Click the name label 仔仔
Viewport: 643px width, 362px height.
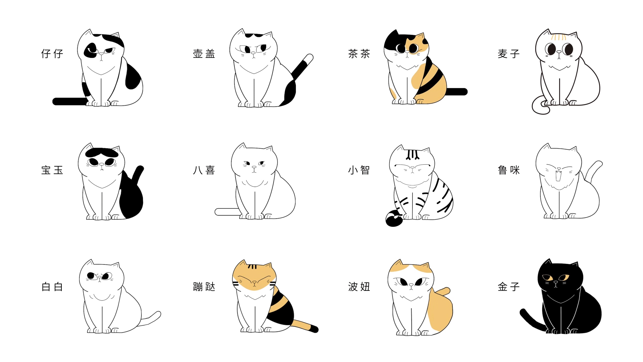point(52,54)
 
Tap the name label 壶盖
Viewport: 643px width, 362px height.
point(204,54)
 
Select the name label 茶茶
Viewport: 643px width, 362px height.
point(359,54)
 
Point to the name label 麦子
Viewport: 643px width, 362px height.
point(509,54)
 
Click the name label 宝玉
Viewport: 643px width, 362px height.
point(52,170)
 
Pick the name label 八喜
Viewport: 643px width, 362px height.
point(204,170)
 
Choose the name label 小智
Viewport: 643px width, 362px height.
point(359,170)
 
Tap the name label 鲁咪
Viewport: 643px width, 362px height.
point(509,170)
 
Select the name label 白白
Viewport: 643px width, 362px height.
point(52,287)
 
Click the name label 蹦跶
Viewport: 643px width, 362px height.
point(204,287)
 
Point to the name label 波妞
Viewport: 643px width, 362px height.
point(359,287)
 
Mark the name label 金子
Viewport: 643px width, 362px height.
point(509,287)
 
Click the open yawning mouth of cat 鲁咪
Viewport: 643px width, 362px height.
point(559,176)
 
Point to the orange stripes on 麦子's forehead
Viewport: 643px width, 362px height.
point(559,37)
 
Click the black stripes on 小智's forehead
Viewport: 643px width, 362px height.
point(412,155)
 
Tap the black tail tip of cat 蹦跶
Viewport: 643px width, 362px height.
point(314,329)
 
